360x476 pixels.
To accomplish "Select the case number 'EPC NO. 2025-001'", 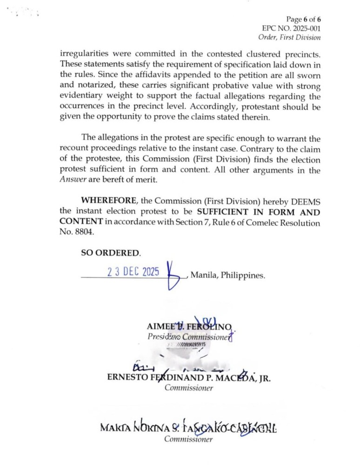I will (x=292, y=28).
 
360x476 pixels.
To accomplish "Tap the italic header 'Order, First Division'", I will (x=289, y=37).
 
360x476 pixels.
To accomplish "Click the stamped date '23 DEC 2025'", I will (x=134, y=272).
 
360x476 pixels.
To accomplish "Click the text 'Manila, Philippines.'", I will (x=228, y=275).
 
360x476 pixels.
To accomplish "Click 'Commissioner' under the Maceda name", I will (x=189, y=388).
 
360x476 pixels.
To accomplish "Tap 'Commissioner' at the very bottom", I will (x=188, y=440).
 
